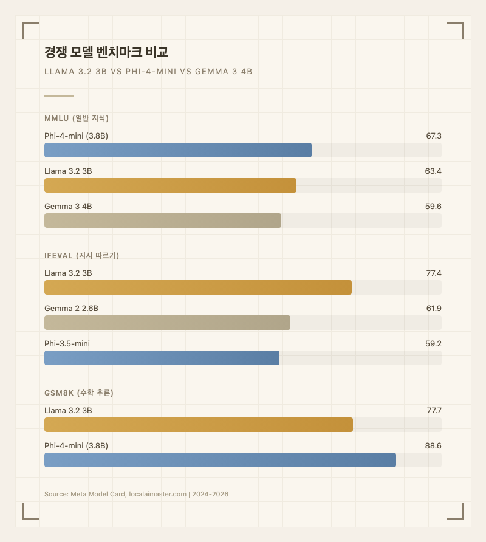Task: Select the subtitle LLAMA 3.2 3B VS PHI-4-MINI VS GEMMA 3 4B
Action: coord(148,71)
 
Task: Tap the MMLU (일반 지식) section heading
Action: coord(77,118)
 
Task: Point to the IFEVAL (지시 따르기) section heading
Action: coord(81,255)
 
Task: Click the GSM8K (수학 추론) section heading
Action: coord(79,393)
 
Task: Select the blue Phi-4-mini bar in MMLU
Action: coord(178,150)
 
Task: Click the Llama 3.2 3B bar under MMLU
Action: coord(170,185)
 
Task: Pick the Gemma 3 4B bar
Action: coord(163,221)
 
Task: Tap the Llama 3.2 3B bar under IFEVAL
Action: coord(198,287)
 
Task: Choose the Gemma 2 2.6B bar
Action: coord(167,323)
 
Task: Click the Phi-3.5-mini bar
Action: coord(162,358)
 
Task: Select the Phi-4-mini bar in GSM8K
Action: coord(220,460)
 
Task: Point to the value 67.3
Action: coord(433,136)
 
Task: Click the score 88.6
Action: coord(433,446)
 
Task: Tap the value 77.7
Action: coord(433,411)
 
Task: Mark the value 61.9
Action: coord(433,309)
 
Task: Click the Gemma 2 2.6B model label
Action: coord(71,309)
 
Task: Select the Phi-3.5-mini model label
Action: coord(67,344)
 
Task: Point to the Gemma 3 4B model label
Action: coord(68,207)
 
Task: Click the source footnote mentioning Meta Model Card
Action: coord(136,494)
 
